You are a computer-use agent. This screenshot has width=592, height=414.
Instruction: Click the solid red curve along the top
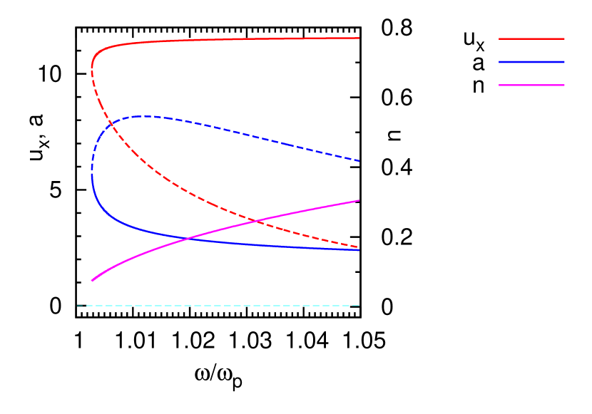(214, 40)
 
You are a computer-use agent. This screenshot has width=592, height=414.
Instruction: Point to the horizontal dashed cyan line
(214, 306)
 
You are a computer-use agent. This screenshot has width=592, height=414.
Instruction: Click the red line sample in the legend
(531, 38)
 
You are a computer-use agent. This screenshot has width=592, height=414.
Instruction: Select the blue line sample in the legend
(531, 62)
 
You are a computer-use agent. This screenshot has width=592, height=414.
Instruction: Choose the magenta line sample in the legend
(531, 86)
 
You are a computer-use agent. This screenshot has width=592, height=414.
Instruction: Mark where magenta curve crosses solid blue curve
(188, 238)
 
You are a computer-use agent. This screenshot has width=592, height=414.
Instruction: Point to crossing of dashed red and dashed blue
(111, 127)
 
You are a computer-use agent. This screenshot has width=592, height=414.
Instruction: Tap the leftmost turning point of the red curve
(92, 66)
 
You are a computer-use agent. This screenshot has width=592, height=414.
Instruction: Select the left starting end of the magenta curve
(92, 281)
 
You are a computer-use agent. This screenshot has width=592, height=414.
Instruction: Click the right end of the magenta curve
(359, 201)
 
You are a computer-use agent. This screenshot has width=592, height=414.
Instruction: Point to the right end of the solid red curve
(359, 38)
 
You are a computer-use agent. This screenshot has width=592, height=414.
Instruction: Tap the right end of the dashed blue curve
(359, 161)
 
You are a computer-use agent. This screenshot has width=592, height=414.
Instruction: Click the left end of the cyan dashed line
(78, 306)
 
